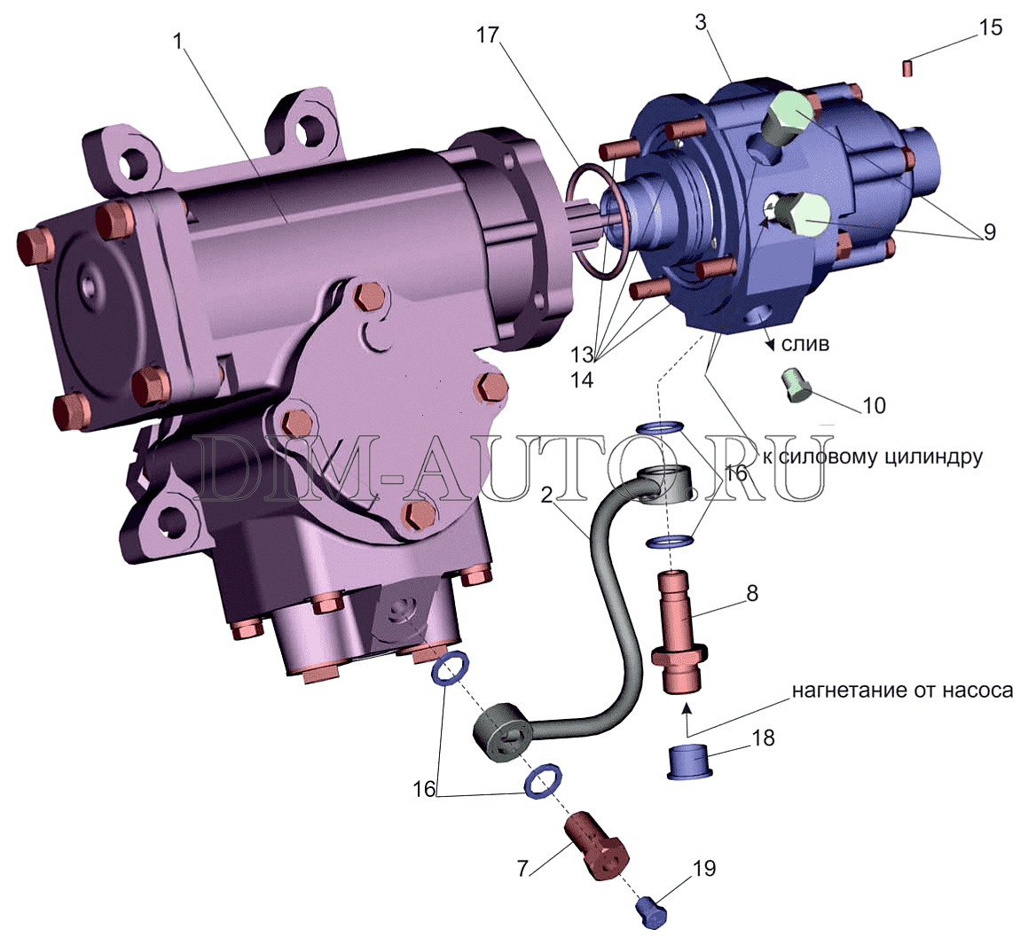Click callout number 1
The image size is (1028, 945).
click(177, 42)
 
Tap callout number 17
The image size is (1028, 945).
click(488, 35)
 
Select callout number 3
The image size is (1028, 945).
click(701, 22)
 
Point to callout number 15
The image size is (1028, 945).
click(991, 27)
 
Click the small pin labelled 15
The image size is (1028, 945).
click(908, 67)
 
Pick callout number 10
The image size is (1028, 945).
click(874, 406)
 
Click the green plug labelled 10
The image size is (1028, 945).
click(797, 386)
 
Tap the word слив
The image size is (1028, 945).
click(805, 344)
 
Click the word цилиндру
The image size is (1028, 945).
click(929, 457)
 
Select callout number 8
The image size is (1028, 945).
click(752, 592)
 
